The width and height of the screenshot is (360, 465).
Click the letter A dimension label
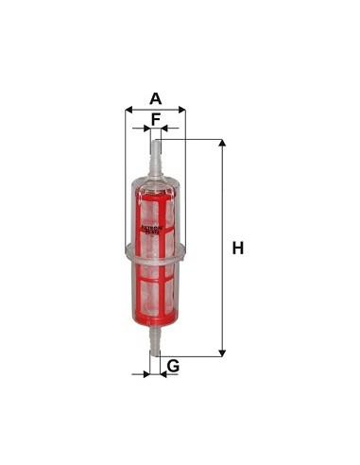coord(155,97)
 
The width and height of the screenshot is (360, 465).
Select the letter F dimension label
coord(155,118)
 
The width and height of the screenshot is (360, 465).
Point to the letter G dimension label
coord(173,366)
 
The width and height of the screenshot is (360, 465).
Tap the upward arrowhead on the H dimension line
coord(223,145)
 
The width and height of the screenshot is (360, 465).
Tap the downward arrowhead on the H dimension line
coord(223,352)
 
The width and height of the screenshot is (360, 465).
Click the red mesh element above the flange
coord(155,203)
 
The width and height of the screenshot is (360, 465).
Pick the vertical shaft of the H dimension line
coord(223,284)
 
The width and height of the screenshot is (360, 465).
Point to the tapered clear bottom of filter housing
coord(155,321)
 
